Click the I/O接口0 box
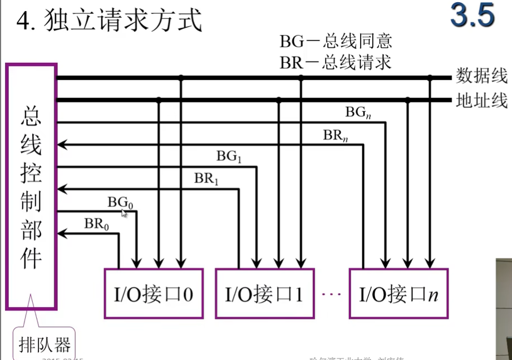coord(154,294)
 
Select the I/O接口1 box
coord(264,294)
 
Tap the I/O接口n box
coord(398,294)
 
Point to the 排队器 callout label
coord(45,345)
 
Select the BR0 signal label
coord(97,224)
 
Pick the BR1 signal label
coord(207,179)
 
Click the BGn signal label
coord(358,112)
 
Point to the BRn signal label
coord(336,135)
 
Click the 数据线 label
coord(481,76)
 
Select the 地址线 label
coord(481,101)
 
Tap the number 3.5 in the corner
coord(472,16)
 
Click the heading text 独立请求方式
coord(124,22)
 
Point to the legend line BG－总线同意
coord(336,41)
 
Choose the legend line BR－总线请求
coord(336,62)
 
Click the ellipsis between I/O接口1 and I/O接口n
coord(331,293)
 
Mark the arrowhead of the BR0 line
coord(61,234)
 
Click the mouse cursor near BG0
coord(124,213)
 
